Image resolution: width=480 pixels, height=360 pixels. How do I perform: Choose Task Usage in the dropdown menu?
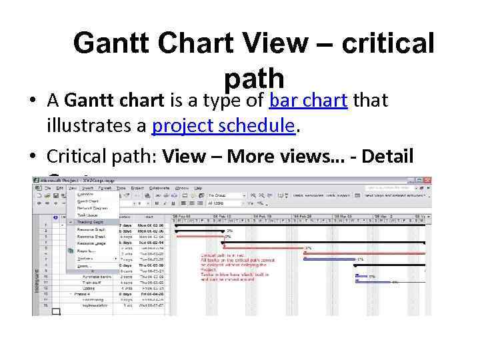(x=88, y=214)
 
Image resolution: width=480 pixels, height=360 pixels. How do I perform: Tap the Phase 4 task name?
(x=83, y=294)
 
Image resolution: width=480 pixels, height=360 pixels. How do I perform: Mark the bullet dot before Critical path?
(x=33, y=157)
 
